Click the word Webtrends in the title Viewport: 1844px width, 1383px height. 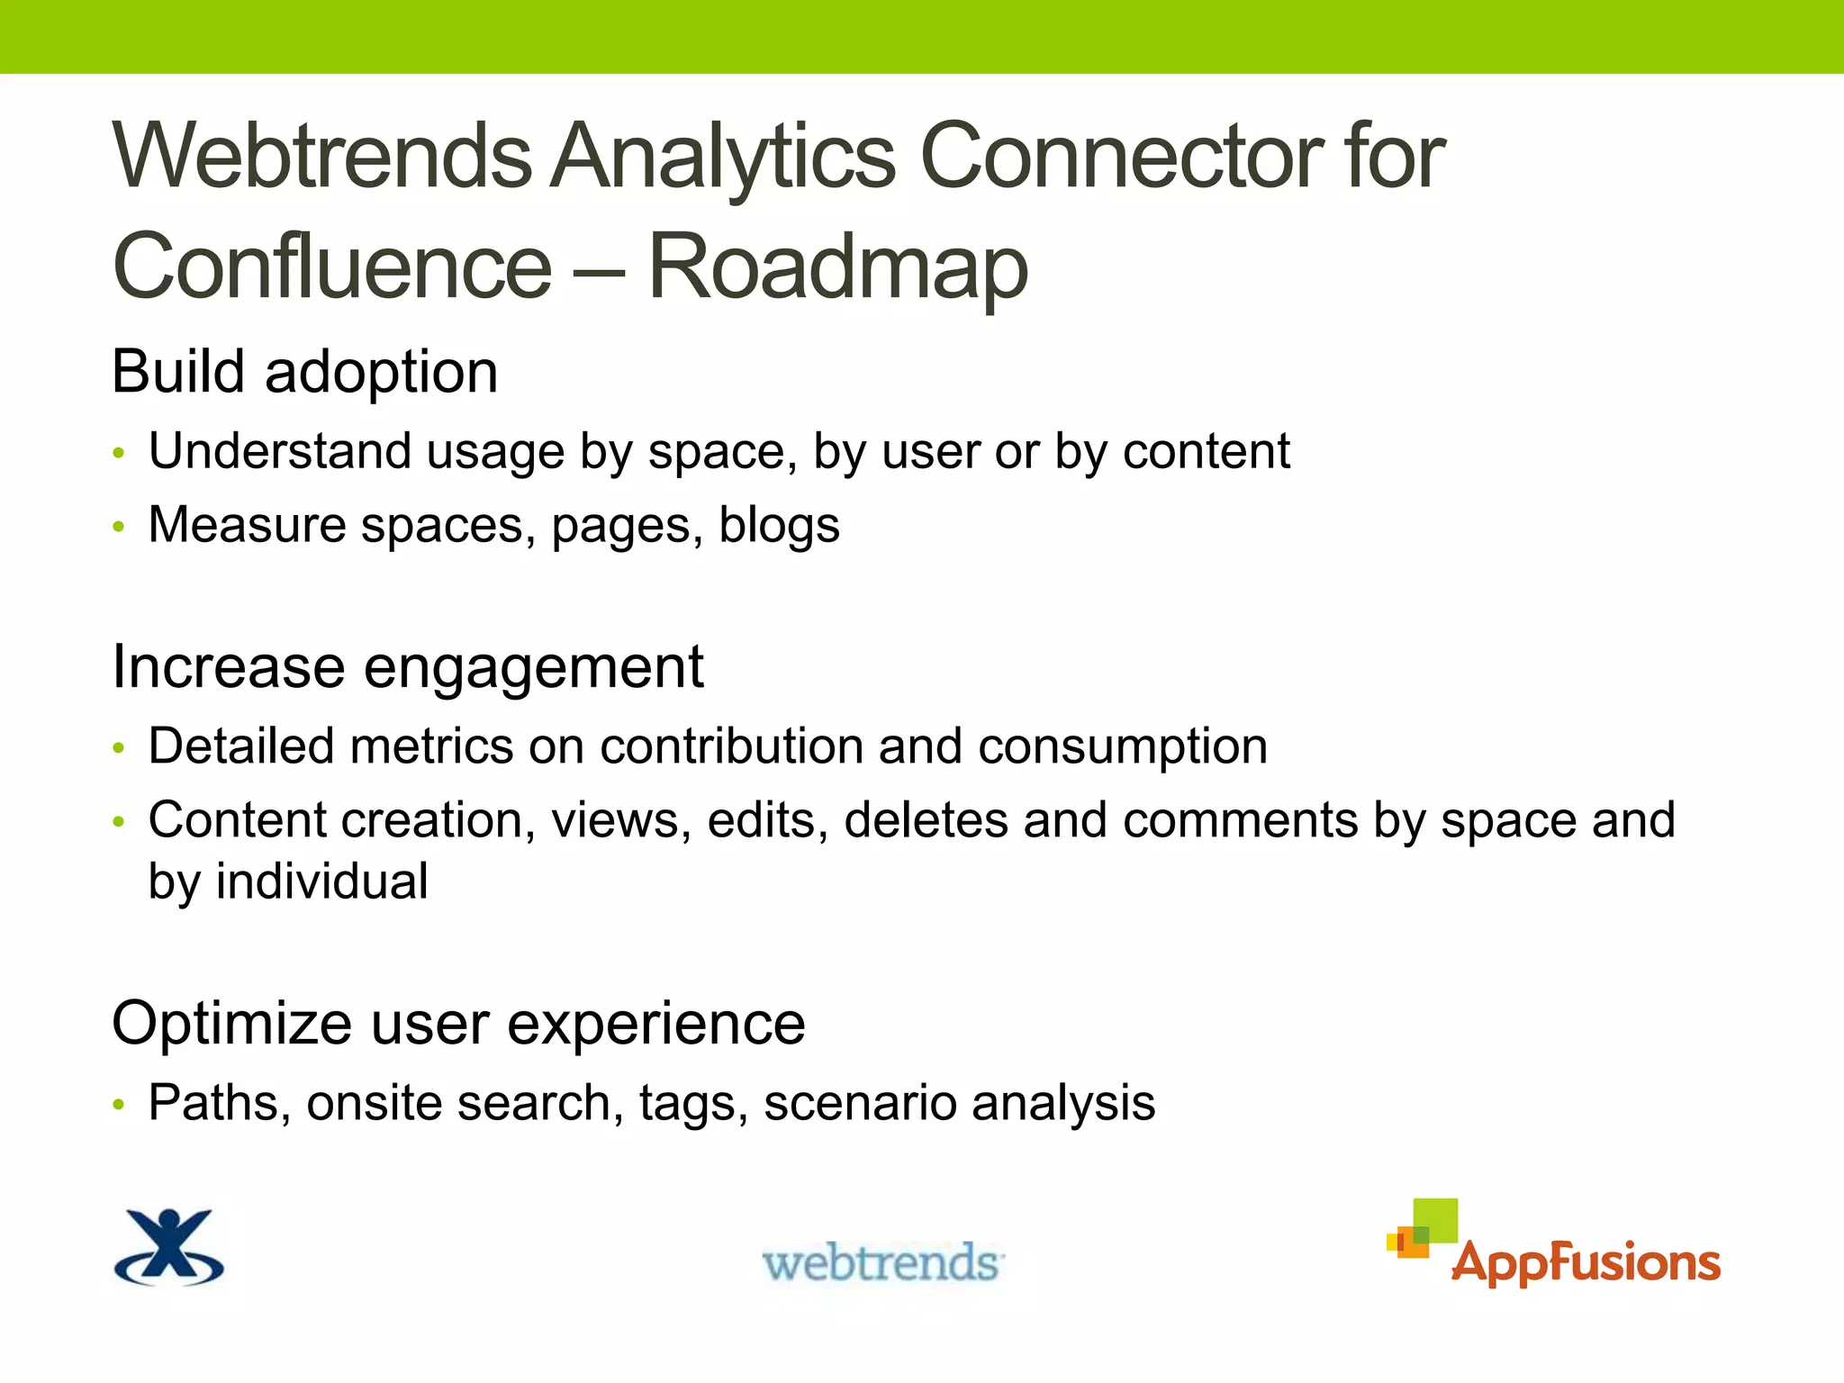click(322, 157)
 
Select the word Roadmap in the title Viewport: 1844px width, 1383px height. click(837, 267)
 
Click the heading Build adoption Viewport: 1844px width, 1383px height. click(304, 371)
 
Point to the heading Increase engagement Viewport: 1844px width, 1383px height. click(407, 667)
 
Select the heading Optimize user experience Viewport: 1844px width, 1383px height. click(458, 1024)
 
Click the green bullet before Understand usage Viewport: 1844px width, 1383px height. click(119, 453)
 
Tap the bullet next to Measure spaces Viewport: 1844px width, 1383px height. click(119, 527)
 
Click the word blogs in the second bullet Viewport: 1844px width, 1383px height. click(779, 525)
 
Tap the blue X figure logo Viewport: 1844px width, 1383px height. click(169, 1247)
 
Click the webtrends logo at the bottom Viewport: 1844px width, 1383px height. click(883, 1262)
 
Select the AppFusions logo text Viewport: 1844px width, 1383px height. click(1586, 1262)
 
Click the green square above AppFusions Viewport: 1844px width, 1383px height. click(1435, 1219)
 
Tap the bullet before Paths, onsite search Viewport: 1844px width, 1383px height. click(119, 1105)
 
